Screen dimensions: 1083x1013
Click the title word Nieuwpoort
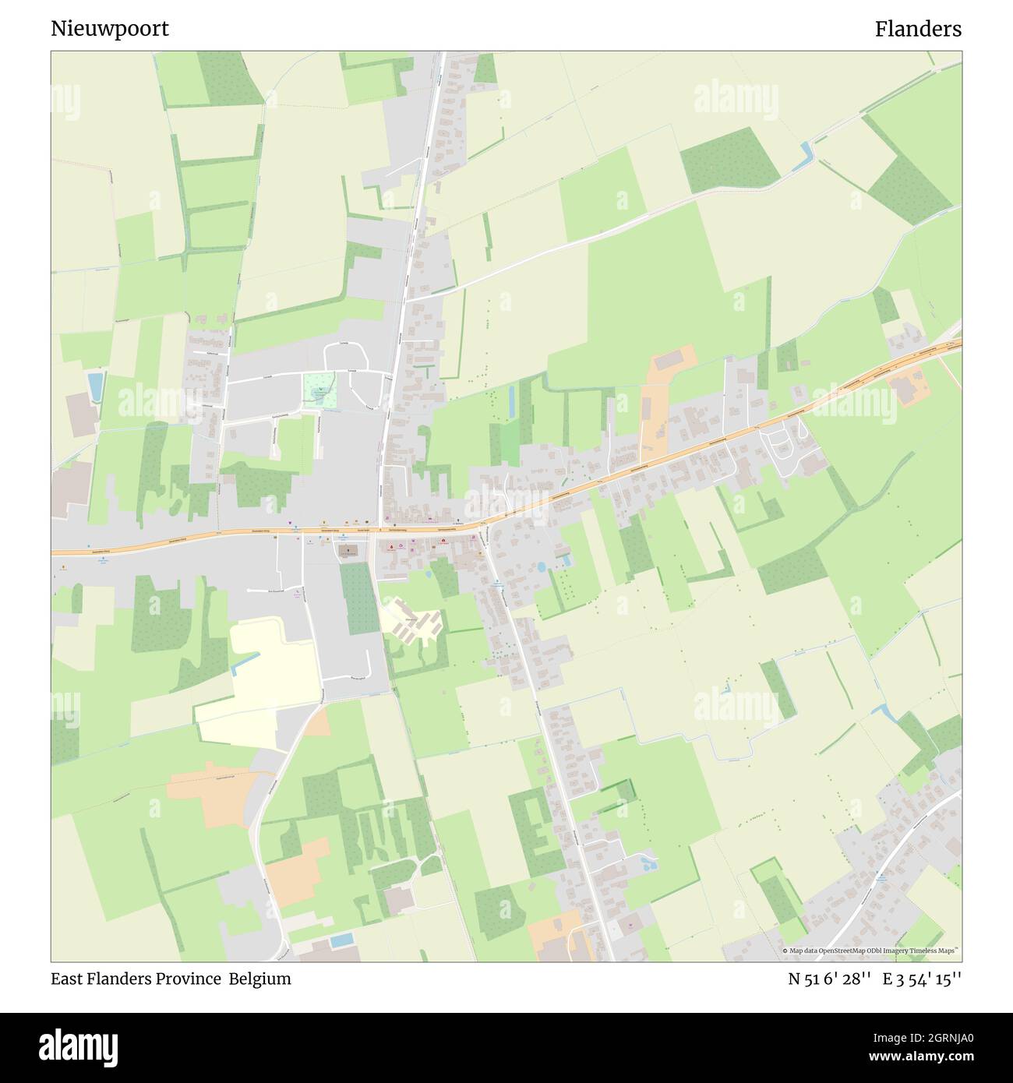tap(110, 30)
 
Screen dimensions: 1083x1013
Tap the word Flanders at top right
tap(917, 30)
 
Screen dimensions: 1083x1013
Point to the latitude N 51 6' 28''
tap(828, 979)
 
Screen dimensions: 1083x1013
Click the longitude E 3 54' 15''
tap(922, 979)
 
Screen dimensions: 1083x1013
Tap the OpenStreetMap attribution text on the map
tap(870, 951)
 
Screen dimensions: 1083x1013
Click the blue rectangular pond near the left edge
tap(95, 386)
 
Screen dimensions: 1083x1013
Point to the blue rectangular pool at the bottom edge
tap(341, 940)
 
